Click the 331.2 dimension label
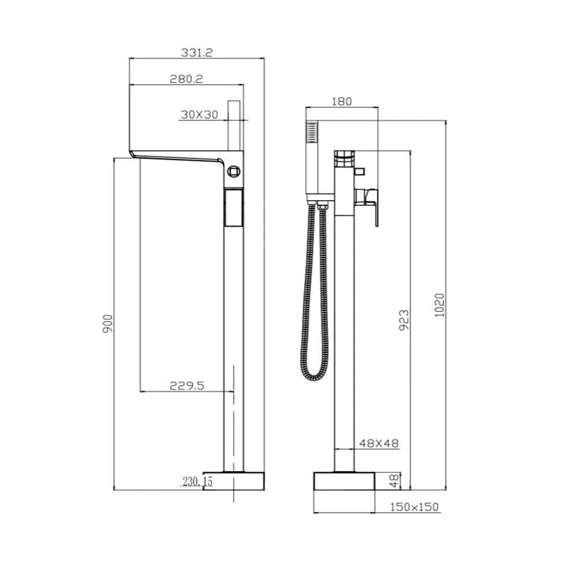pyautogui.click(x=197, y=52)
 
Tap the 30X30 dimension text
pyautogui.click(x=199, y=114)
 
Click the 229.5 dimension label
pyautogui.click(x=187, y=386)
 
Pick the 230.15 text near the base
pyautogui.click(x=198, y=481)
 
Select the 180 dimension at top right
pyautogui.click(x=342, y=101)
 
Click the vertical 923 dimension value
pyautogui.click(x=404, y=320)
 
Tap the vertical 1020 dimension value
pyautogui.click(x=439, y=305)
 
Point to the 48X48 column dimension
pyautogui.click(x=379, y=443)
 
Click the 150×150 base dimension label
pyautogui.click(x=414, y=507)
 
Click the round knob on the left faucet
pyautogui.click(x=234, y=171)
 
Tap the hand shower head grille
pyautogui.click(x=313, y=134)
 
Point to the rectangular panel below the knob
pyautogui.click(x=233, y=208)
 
